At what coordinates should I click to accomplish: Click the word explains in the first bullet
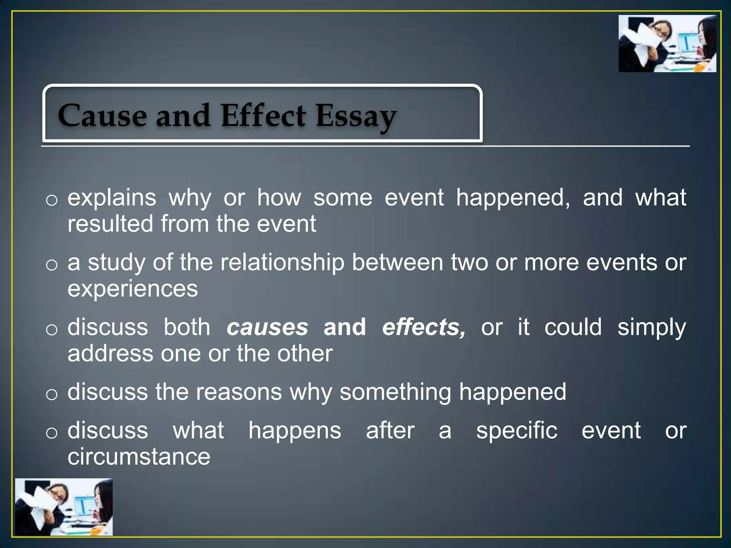tap(112, 198)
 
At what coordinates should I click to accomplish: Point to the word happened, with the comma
tap(513, 198)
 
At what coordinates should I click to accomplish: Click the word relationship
tap(282, 263)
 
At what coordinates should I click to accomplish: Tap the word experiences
tap(132, 289)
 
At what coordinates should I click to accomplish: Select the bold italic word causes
tap(267, 328)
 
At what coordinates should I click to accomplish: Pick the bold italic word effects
tap(424, 328)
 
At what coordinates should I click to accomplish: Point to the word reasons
tap(239, 392)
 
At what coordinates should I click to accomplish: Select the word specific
tap(516, 431)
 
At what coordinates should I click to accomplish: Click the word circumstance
tap(139, 457)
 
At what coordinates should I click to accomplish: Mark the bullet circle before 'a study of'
tap(52, 265)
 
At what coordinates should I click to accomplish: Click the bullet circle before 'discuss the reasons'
tap(52, 395)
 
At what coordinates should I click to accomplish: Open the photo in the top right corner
tap(667, 44)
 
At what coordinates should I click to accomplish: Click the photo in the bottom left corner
tap(64, 507)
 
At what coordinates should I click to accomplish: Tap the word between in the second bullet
tap(398, 263)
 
